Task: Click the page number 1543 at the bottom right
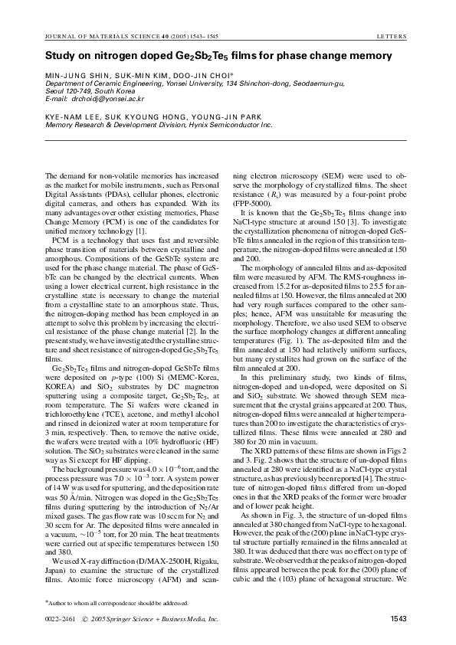click(399, 619)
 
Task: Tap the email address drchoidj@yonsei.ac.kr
click(107, 99)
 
